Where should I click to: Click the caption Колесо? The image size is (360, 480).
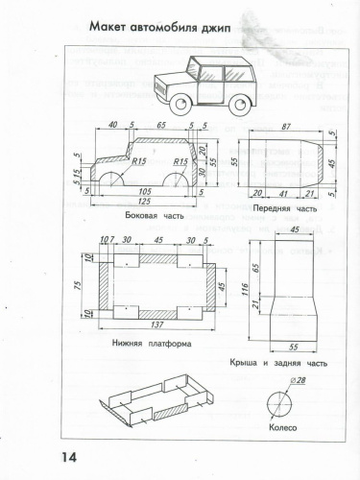285,429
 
